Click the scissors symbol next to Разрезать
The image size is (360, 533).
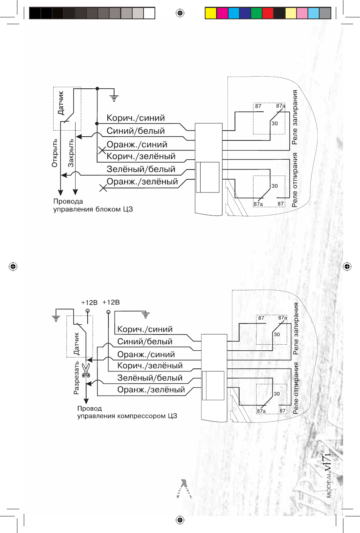86,370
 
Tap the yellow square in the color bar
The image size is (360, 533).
211,13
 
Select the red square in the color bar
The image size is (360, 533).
267,13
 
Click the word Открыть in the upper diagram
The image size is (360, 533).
55,153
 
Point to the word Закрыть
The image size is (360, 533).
71,153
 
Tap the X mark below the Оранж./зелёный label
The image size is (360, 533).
103,188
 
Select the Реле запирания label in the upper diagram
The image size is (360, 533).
295,117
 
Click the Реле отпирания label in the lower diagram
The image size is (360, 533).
296,388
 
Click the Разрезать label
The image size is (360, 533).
76,378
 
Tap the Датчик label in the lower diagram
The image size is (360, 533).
76,344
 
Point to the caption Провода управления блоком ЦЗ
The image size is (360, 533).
93,205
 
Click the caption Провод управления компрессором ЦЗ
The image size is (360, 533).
127,412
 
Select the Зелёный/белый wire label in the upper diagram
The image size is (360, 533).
141,169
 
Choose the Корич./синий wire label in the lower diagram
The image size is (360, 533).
145,329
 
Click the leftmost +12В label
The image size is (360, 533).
89,302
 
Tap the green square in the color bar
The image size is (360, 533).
256,13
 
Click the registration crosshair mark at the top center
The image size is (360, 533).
180,13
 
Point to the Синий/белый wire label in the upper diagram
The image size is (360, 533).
136,131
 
